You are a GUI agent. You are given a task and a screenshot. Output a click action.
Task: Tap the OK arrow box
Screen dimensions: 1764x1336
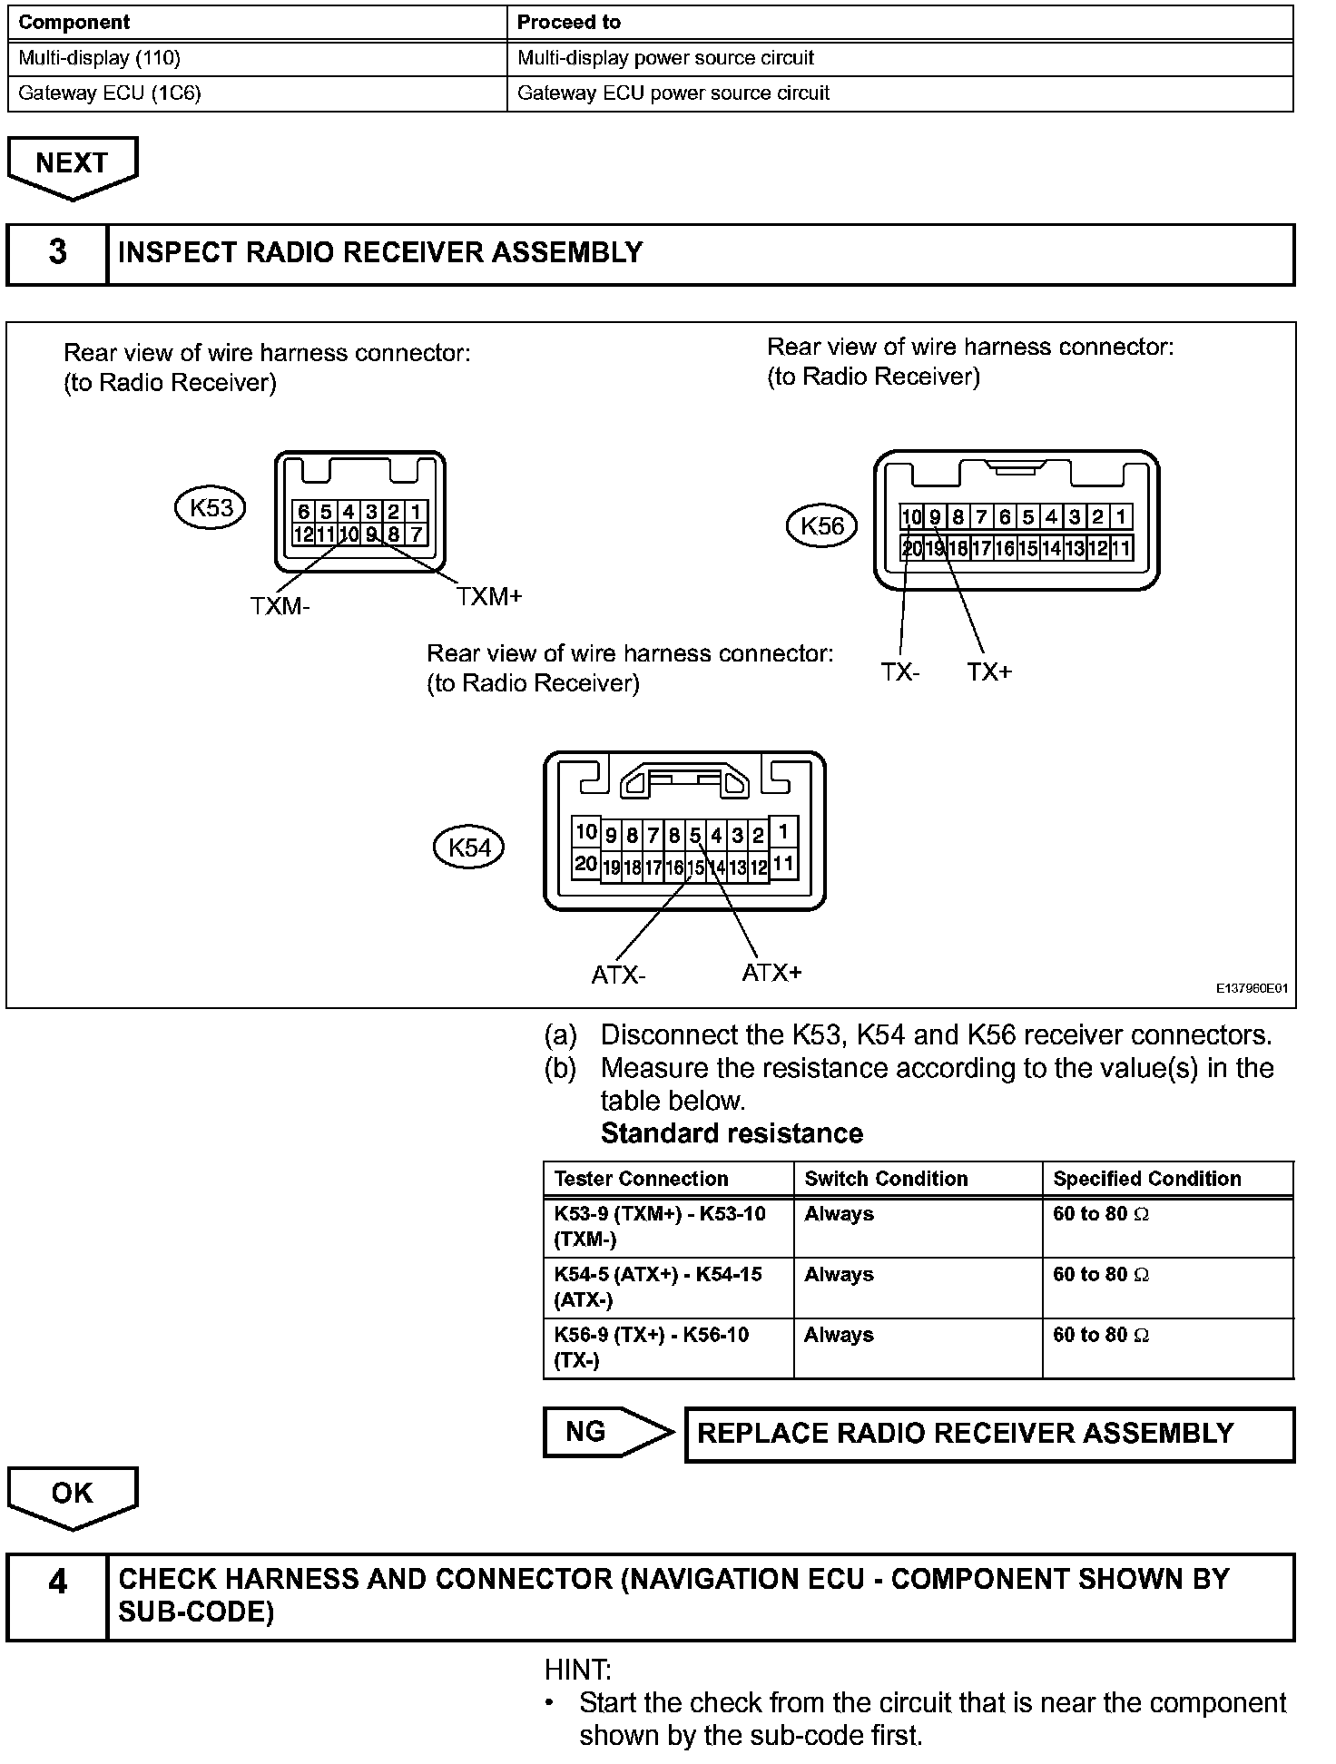coord(72,1494)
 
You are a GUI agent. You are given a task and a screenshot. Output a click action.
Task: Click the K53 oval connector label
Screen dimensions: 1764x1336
coord(211,508)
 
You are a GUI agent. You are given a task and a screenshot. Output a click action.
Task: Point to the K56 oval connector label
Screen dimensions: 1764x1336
coord(821,526)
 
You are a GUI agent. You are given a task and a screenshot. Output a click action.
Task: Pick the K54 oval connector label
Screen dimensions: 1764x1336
coord(469,848)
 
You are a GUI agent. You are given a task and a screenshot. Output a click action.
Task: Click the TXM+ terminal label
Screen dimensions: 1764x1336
coord(489,597)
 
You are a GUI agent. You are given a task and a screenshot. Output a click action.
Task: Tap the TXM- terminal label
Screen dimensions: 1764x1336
coord(280,606)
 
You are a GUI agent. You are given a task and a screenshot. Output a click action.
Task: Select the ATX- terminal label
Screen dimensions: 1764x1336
coord(618,975)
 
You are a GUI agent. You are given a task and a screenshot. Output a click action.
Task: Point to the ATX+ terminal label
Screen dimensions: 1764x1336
coord(771,973)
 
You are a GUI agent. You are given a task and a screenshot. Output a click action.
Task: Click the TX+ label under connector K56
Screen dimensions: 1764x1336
coord(988,672)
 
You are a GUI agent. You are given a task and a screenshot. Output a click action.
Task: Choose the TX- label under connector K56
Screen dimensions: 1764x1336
coord(899,672)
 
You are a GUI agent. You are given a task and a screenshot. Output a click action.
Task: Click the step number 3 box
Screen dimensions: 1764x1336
coord(57,253)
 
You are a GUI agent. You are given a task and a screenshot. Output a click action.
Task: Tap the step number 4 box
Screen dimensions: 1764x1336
coord(57,1583)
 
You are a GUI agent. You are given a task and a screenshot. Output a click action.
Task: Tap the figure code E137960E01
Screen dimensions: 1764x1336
coord(1252,988)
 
